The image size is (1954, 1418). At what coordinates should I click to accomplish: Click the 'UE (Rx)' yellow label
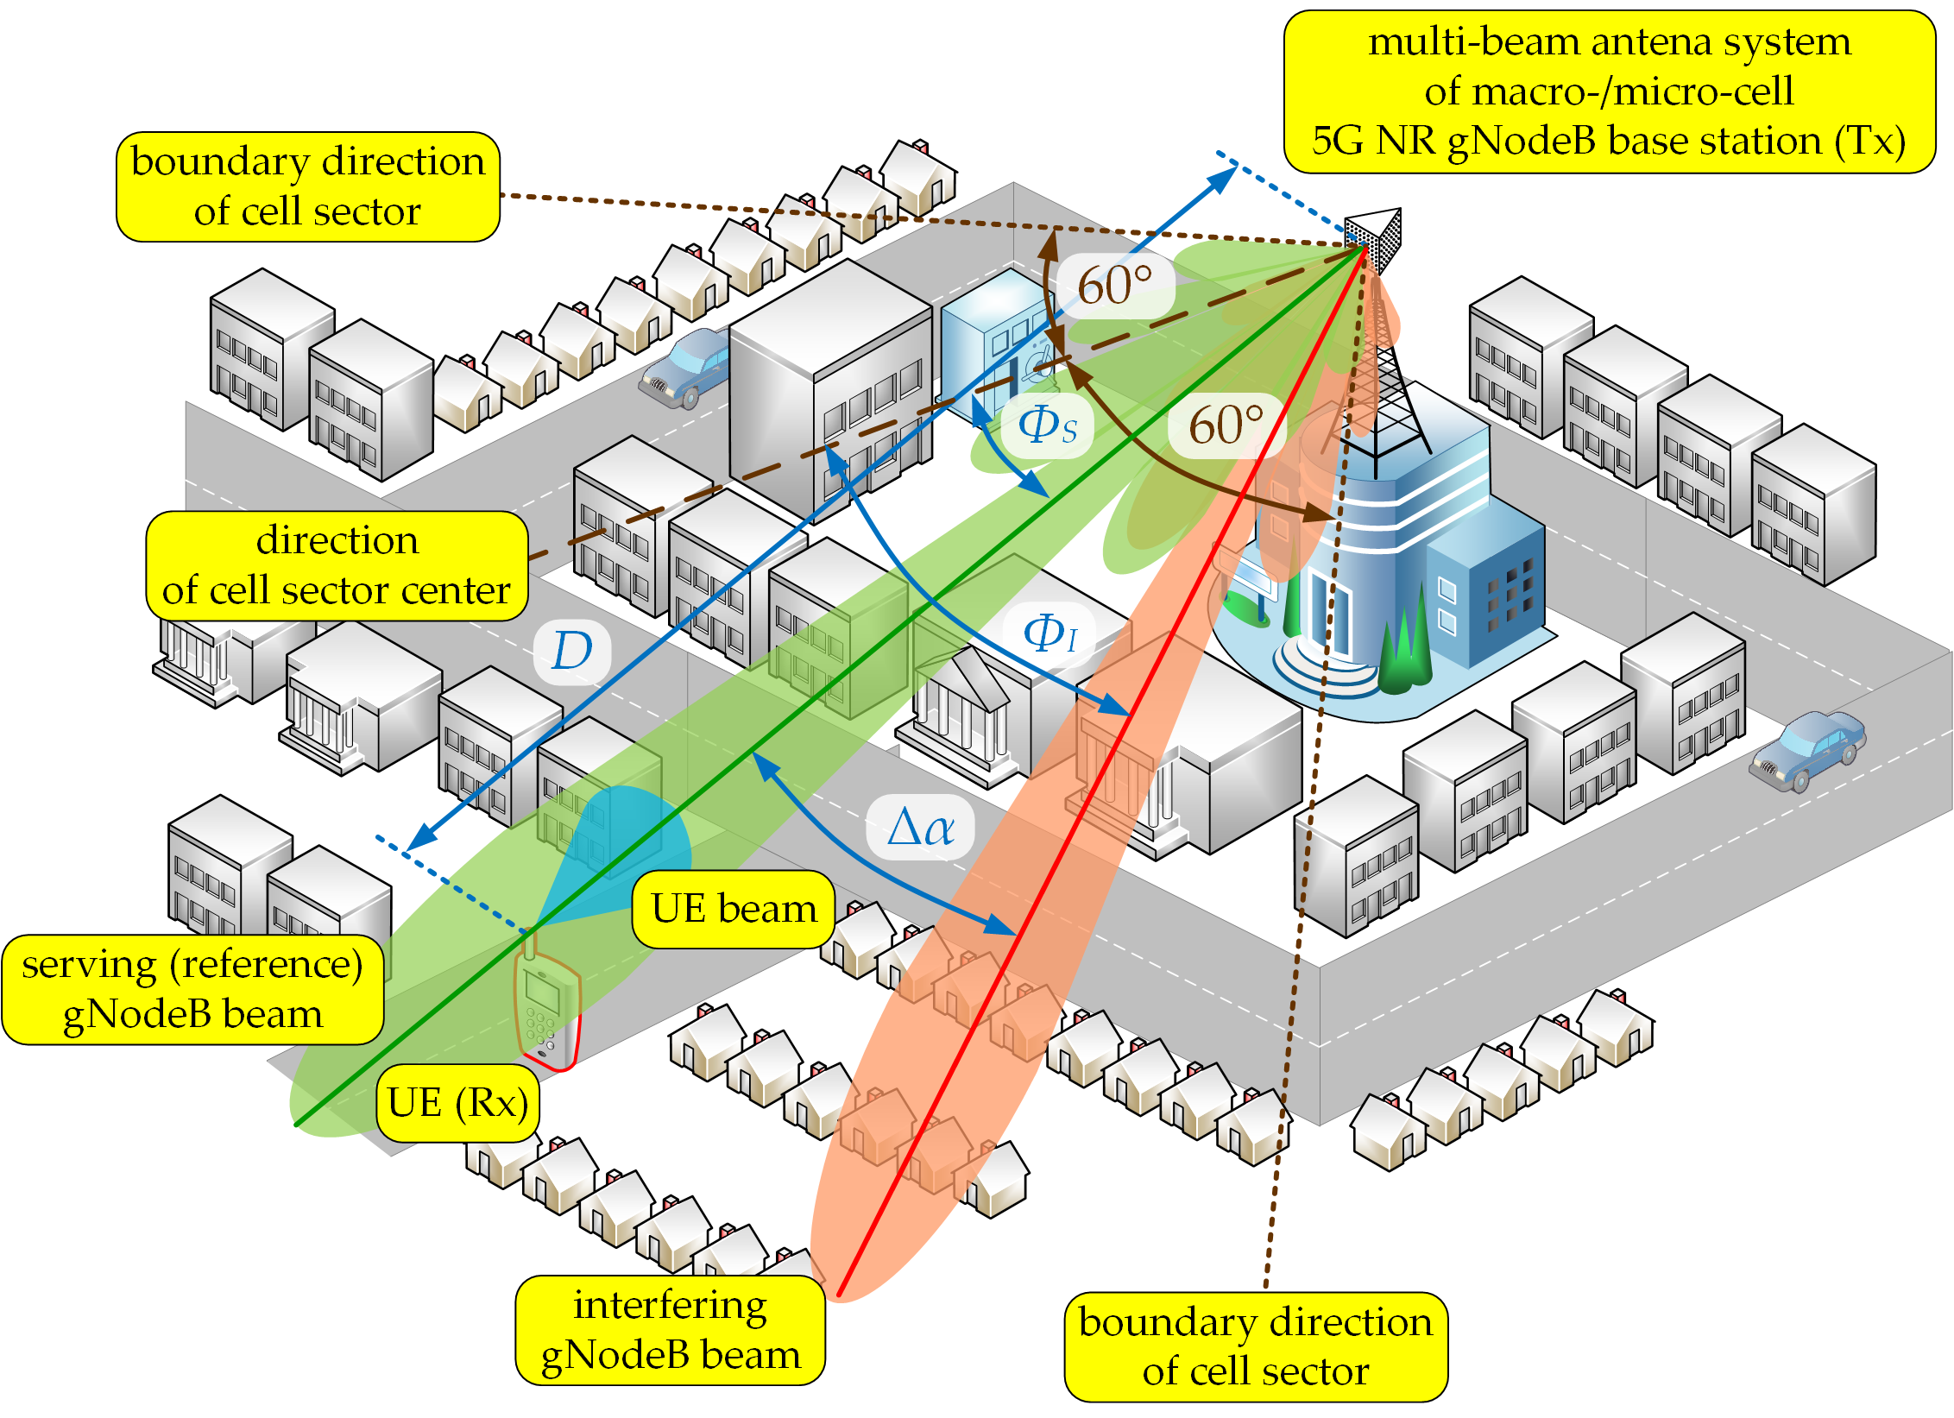coord(457,1102)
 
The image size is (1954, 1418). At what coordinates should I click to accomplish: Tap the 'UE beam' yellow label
coord(733,909)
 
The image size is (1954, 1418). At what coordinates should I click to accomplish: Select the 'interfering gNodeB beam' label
coord(670,1329)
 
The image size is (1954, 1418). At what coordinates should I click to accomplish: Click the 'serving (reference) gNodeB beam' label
coord(192,989)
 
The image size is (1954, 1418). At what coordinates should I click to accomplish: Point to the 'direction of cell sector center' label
coord(337,565)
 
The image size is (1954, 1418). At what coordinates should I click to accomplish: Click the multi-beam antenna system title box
coord(1609,91)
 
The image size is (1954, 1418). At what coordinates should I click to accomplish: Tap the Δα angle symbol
coord(920,828)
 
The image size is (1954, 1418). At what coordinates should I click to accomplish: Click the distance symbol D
coord(571,651)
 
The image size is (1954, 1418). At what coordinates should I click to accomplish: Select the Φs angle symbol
coord(1047,425)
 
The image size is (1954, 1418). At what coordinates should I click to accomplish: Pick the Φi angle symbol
coord(1049,633)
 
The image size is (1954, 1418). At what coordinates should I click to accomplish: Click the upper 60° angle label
coord(1114,286)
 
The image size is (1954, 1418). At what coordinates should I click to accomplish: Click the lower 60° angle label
coord(1226,425)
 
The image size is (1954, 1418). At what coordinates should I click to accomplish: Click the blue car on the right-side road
coord(1807,749)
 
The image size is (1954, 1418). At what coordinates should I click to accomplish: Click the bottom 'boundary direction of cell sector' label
coord(1255,1346)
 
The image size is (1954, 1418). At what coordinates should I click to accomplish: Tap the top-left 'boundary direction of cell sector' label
coord(308,186)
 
